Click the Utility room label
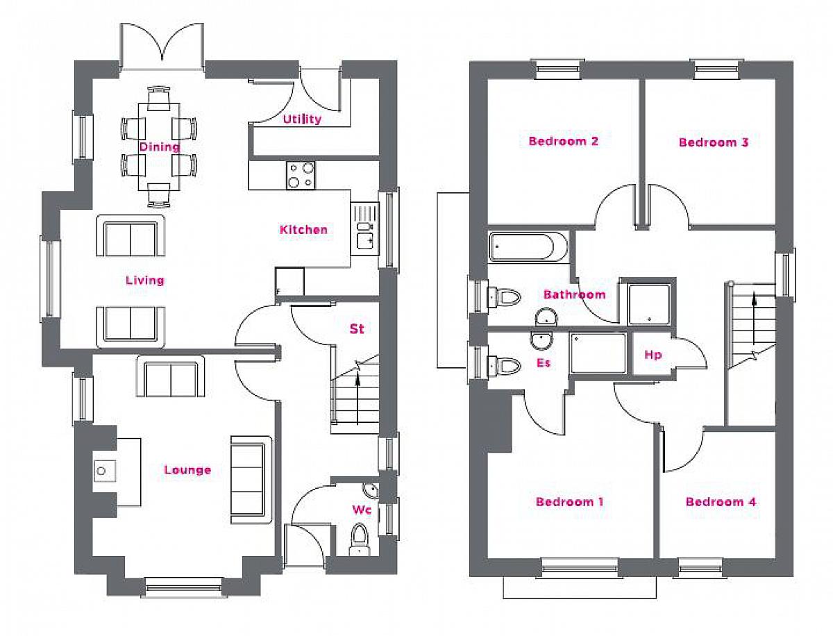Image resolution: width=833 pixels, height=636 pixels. [302, 119]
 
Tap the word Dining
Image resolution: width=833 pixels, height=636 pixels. [160, 147]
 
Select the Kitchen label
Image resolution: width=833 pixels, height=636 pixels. [303, 230]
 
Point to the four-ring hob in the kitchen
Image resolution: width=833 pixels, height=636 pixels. [301, 175]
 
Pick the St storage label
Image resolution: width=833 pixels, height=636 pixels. [356, 328]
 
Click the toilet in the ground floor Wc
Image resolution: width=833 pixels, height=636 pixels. [359, 539]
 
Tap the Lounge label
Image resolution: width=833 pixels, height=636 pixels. [187, 470]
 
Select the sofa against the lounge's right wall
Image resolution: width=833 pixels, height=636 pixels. [251, 480]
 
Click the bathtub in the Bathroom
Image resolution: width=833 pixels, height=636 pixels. [528, 246]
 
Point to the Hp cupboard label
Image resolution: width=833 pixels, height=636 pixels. [653, 355]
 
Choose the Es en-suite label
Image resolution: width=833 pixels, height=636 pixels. [544, 363]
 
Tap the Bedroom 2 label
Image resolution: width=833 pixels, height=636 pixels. [563, 141]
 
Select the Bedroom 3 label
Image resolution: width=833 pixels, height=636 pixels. [714, 142]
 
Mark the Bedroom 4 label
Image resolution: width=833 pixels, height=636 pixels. [721, 502]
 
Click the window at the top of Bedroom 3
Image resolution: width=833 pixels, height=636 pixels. [717, 69]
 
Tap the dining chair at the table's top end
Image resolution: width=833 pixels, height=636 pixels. [158, 99]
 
